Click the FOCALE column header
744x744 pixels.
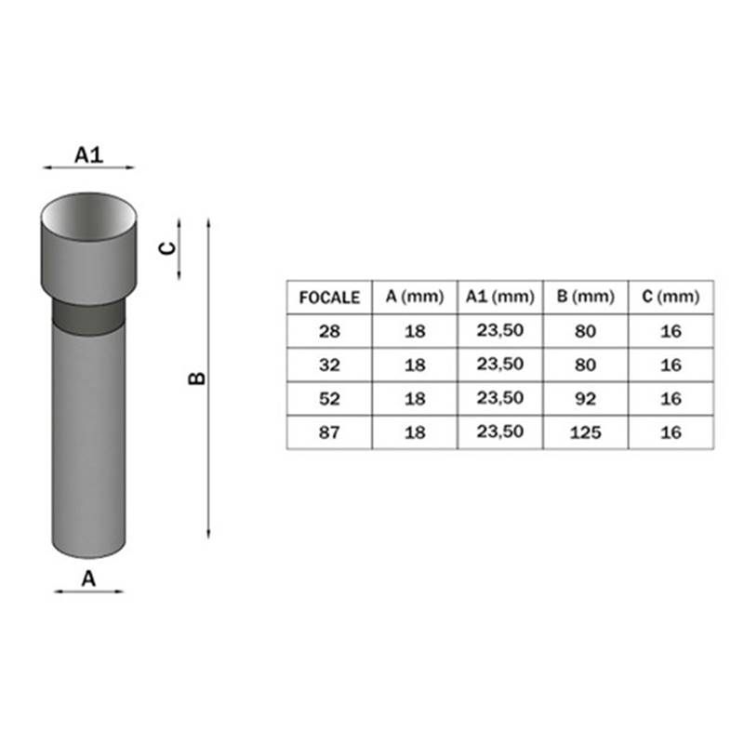pyautogui.click(x=329, y=298)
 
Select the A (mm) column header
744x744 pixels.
pyautogui.click(x=415, y=297)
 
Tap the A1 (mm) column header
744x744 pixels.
pyautogui.click(x=500, y=297)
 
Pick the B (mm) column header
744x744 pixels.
pyautogui.click(x=586, y=297)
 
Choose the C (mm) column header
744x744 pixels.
pyautogui.click(x=671, y=297)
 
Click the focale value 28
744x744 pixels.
pyautogui.click(x=329, y=331)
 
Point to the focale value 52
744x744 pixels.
pyautogui.click(x=329, y=399)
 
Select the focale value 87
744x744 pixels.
pyautogui.click(x=329, y=432)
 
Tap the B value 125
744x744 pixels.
pyautogui.click(x=586, y=432)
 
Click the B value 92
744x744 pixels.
pyautogui.click(x=586, y=399)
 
